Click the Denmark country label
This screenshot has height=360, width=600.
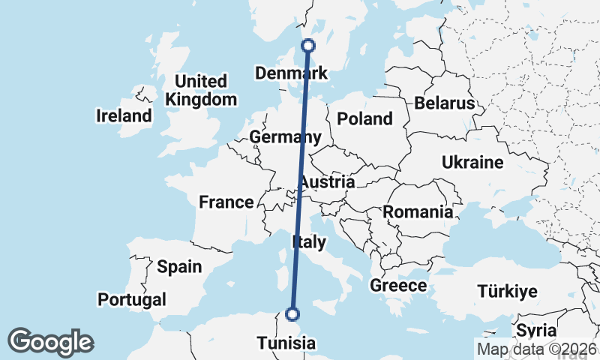tap(292, 73)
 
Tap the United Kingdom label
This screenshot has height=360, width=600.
tap(200, 90)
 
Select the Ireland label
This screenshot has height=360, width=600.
tap(124, 116)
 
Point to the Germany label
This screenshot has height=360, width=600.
tap(285, 137)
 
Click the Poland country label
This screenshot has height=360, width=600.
tap(364, 118)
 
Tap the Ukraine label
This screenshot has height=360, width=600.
tap(472, 163)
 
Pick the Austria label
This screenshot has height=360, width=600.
tap(327, 182)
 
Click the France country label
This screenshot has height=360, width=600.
tap(226, 202)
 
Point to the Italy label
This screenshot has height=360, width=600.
tap(308, 242)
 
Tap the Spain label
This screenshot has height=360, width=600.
tap(179, 266)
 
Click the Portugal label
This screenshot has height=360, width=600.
tap(132, 300)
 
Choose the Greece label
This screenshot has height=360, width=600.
tap(398, 286)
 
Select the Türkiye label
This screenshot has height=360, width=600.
tap(509, 292)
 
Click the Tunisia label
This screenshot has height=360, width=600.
tap(287, 343)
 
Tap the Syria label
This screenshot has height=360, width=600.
tap(536, 331)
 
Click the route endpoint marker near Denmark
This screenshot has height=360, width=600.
tap(307, 46)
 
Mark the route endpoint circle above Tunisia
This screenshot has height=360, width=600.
tap(292, 314)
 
